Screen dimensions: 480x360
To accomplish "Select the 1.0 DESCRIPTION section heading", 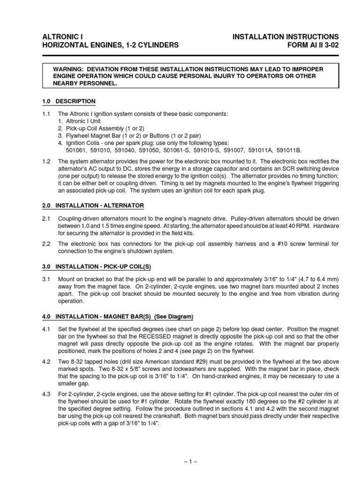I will point(69,101).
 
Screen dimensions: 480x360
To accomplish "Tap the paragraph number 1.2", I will point(45,161).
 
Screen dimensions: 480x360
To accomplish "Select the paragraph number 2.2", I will point(45,244).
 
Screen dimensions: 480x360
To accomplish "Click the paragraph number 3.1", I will point(45,279).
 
